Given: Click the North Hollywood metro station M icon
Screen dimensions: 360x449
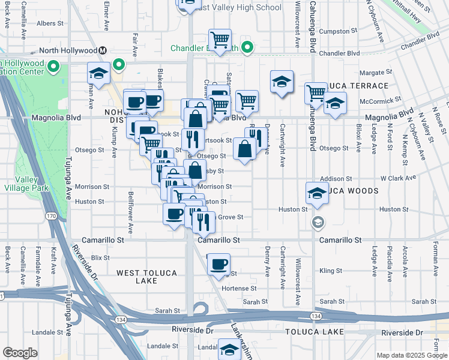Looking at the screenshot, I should click(x=103, y=50).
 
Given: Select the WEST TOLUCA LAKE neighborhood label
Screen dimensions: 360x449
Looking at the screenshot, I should click(x=146, y=277).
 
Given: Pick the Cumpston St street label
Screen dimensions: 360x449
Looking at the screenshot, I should click(x=337, y=31).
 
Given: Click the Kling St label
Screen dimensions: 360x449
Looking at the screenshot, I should click(x=331, y=271).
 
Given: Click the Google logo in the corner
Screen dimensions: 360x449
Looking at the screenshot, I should click(x=20, y=353).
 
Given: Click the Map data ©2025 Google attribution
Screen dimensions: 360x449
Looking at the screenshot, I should click(x=412, y=355).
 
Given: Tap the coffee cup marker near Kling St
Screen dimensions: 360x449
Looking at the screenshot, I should click(x=219, y=265).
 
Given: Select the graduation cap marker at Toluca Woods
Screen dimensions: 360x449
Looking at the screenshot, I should click(x=316, y=193).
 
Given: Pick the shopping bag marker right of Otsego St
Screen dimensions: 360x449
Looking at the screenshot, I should click(x=244, y=149).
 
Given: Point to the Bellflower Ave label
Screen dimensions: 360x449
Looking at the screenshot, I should click(x=130, y=212).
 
